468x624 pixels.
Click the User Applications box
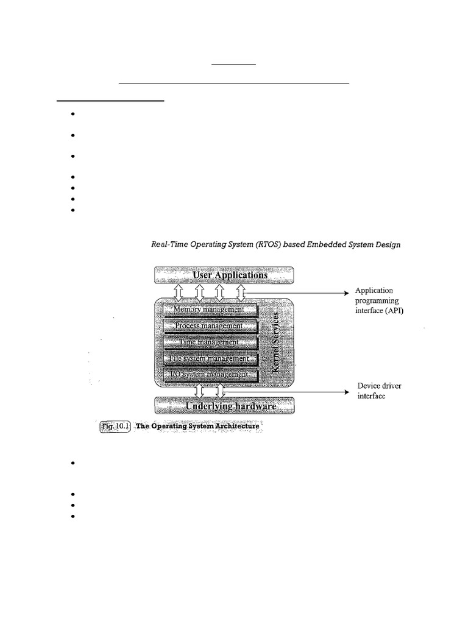pyautogui.click(x=224, y=275)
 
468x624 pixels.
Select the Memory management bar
pyautogui.click(x=208, y=310)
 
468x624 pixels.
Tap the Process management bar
pyautogui.click(x=208, y=326)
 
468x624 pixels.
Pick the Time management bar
pyautogui.click(x=208, y=342)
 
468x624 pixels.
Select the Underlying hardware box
pyautogui.click(x=224, y=405)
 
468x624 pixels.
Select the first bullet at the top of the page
pyautogui.click(x=72, y=114)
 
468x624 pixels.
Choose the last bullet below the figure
pyautogui.click(x=72, y=516)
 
